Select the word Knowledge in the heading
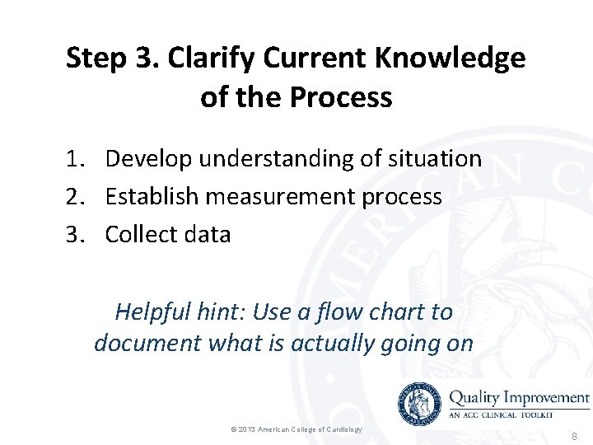450,59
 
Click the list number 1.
75,158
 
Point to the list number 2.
75,196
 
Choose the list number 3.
75,234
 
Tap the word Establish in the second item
152,196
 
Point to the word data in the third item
208,234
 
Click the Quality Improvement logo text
519,398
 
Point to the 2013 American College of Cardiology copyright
297,429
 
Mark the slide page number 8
573,436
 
